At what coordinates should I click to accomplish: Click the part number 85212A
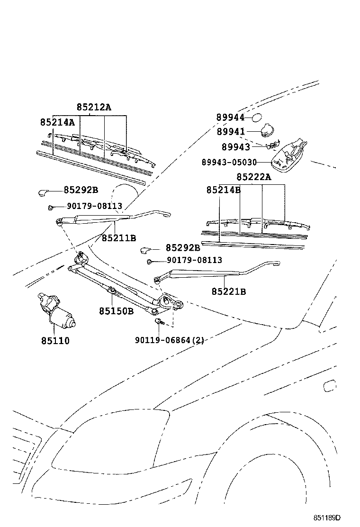[94, 107]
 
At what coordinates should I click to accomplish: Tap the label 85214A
[57, 122]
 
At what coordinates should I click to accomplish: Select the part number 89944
[230, 118]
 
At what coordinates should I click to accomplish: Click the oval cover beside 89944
[257, 118]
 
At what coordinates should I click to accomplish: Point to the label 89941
[231, 132]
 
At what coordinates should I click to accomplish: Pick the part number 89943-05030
[229, 163]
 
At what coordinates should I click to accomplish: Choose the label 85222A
[254, 177]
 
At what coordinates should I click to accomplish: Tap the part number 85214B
[224, 190]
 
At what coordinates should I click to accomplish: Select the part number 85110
[55, 341]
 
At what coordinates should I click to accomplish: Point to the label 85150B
[116, 311]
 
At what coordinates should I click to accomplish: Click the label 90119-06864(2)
[170, 340]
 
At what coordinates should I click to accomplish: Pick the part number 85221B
[229, 291]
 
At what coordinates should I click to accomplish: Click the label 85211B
[119, 238]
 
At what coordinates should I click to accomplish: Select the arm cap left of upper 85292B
[43, 192]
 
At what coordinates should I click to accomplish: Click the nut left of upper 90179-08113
[50, 208]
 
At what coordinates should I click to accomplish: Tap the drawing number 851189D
[327, 517]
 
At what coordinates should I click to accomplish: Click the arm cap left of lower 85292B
[146, 250]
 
